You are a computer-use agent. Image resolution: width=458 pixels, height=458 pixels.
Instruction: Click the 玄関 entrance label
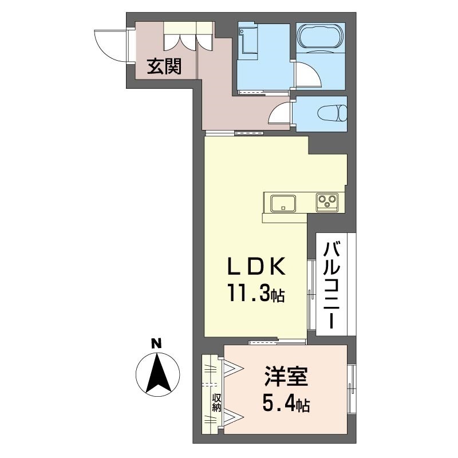click(165, 68)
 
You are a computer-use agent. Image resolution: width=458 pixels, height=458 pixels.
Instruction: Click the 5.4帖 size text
click(286, 405)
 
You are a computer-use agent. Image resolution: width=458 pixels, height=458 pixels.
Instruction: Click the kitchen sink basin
click(283, 202)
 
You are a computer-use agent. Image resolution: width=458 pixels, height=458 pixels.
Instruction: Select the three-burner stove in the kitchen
click(327, 201)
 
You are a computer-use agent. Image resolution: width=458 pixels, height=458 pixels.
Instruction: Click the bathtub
click(321, 37)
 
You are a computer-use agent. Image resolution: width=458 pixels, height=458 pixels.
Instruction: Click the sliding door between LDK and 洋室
click(277, 342)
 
